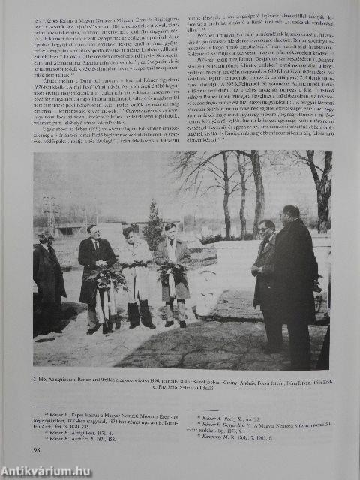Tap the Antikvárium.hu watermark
pyautogui.click(x=46, y=470)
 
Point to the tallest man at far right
pyautogui.click(x=295, y=285)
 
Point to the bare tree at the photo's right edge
pyautogui.click(x=319, y=187)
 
